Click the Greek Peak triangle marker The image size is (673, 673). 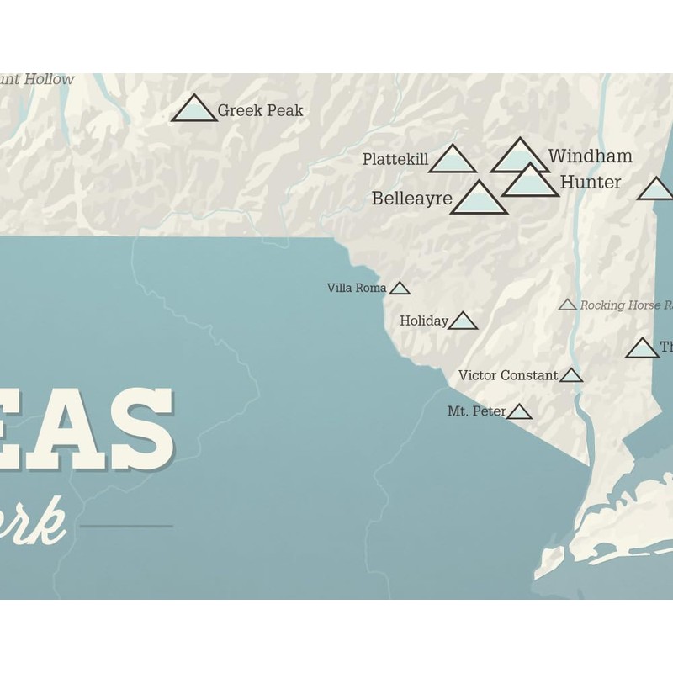tap(193, 110)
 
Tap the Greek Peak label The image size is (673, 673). tap(260, 110)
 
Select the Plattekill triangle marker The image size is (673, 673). tap(453, 161)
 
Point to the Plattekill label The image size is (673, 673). tap(395, 160)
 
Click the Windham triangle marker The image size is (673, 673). tap(520, 158)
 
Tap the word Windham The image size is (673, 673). tap(590, 156)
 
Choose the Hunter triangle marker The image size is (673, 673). tap(531, 183)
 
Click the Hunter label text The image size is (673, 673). tap(591, 183)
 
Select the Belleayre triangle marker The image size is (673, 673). tap(479, 199)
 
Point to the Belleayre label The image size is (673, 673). tap(412, 199)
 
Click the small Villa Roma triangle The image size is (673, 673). tap(400, 289)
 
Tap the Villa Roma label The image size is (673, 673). tap(357, 289)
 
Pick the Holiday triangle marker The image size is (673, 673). tap(463, 321)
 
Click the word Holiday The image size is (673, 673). tap(424, 321)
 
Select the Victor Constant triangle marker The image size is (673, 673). tap(571, 376)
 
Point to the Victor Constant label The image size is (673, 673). tap(508, 376)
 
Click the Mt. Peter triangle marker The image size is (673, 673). tap(520, 412)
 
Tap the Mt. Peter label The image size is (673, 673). tap(477, 412)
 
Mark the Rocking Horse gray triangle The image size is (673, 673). tap(568, 305)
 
